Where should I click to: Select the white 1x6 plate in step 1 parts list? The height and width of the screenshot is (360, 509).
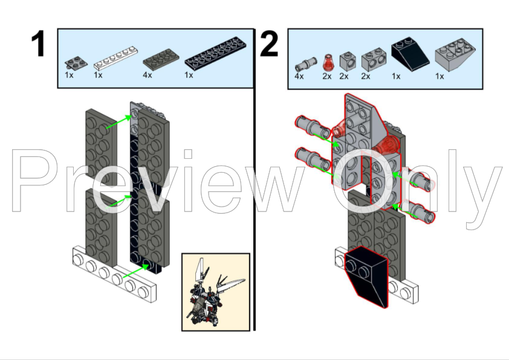coord(116,58)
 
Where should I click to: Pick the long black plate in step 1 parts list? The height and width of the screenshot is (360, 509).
coord(216,53)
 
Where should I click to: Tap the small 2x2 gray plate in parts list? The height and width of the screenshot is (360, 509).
coord(76,63)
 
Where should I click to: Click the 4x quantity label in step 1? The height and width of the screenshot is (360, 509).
coord(148,76)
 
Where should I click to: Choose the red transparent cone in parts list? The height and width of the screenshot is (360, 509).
coord(328,62)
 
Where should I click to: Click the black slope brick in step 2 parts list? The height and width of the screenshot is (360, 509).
coord(410,54)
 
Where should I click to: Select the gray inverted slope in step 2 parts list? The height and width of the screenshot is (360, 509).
coord(455,55)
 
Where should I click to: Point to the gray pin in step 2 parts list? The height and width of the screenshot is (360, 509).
coord(306,64)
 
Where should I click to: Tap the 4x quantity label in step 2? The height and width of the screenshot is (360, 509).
coord(299,77)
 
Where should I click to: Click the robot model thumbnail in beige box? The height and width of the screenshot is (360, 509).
coord(216,292)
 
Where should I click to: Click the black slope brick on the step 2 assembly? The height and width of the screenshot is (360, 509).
coord(366,276)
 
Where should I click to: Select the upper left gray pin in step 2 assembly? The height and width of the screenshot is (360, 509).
coord(313,126)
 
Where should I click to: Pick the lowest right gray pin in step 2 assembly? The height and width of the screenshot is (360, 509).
coord(418,212)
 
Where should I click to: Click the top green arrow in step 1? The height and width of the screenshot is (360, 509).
coord(119,122)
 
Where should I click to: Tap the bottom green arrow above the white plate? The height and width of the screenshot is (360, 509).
coord(135,271)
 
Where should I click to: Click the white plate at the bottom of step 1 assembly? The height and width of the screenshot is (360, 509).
coord(114,274)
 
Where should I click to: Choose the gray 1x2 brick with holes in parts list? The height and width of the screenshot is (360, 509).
coord(374,59)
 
